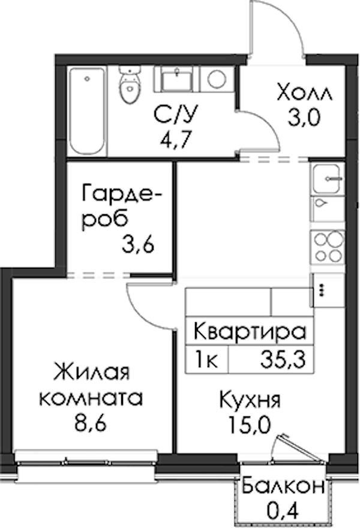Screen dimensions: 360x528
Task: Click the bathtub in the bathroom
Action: [88, 111]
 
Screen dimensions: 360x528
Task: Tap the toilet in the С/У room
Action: [130, 85]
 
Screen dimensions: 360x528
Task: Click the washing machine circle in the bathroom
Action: [217, 79]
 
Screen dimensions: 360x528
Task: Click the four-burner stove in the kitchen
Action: [328, 247]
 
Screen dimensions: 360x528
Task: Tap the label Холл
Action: [305, 92]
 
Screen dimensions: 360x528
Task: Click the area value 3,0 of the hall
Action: [304, 118]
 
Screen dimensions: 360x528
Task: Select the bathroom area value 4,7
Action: [175, 137]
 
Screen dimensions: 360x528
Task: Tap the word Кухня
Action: [250, 400]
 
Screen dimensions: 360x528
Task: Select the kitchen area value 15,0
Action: [250, 425]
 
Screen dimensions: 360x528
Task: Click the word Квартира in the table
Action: [250, 332]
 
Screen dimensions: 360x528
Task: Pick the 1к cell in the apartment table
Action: [207, 359]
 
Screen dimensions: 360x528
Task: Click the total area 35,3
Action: [283, 359]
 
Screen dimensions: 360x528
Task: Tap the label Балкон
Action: [284, 485]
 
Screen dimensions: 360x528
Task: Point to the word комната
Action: [91, 398]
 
